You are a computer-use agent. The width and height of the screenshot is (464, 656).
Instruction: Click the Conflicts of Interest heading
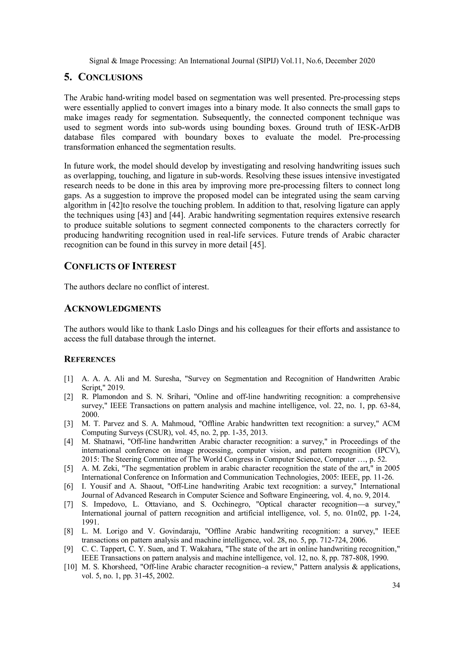coord(120,266)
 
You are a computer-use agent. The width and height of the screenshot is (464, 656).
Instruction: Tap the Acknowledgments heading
coord(112,309)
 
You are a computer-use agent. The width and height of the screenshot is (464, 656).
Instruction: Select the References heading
coord(89,359)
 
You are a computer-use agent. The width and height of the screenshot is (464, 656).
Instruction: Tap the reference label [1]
coord(69,379)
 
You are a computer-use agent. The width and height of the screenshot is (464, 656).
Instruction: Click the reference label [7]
coord(69,504)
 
